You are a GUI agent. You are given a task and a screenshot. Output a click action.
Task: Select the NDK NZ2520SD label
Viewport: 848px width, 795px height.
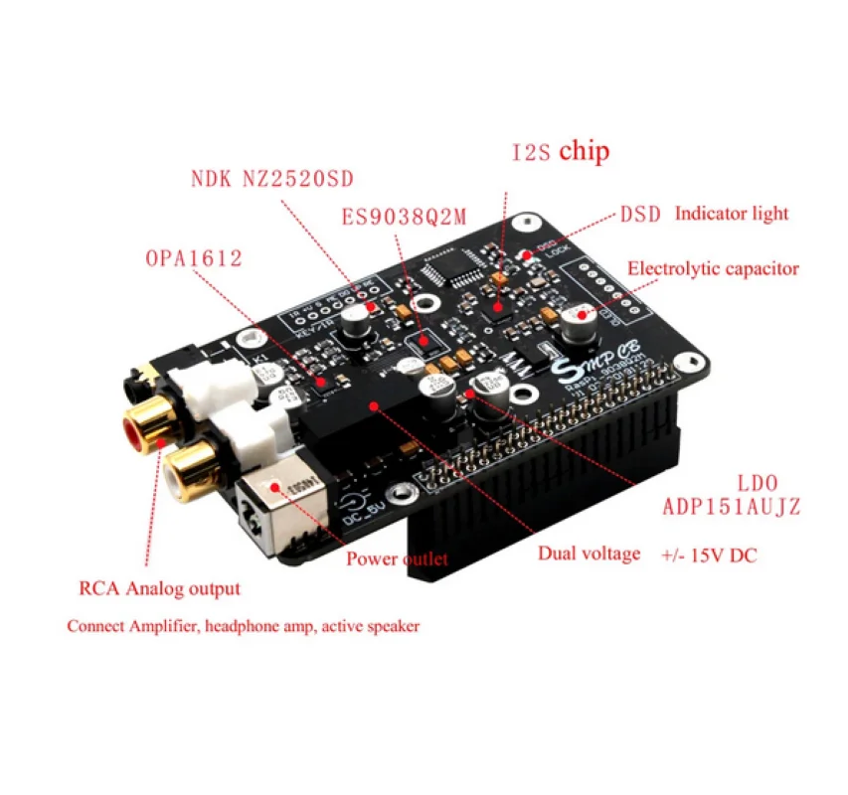click(x=272, y=181)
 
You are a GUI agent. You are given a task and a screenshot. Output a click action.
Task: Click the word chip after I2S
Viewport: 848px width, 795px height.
click(x=584, y=152)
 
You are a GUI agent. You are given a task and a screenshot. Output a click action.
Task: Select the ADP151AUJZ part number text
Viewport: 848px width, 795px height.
click(x=732, y=507)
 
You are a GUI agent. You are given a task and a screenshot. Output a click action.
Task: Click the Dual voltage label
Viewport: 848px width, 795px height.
click(x=590, y=554)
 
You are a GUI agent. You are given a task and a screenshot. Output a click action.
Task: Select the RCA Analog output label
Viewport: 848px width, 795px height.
click(x=159, y=588)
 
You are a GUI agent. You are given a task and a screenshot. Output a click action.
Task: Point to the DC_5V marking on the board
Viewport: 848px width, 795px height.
click(x=362, y=516)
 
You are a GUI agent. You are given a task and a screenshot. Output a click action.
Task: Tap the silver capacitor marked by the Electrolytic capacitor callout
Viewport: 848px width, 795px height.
click(x=576, y=324)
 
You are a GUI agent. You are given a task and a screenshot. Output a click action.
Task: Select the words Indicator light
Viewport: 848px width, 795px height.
click(x=732, y=213)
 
